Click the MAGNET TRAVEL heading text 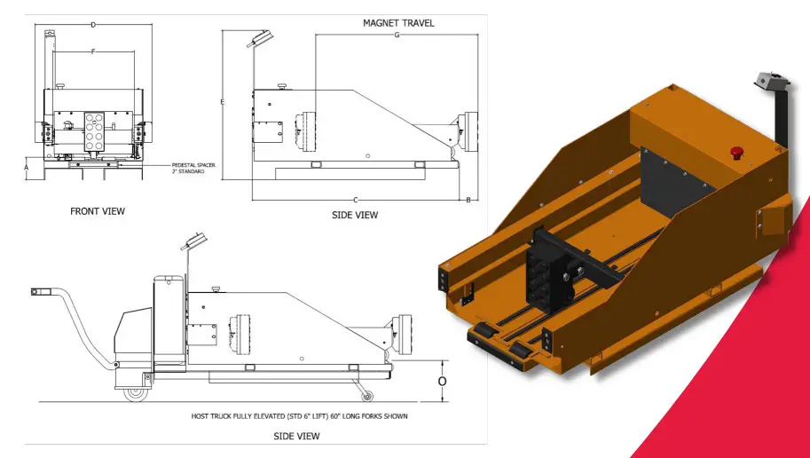[398, 22]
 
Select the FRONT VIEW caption [98, 211]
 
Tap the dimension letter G [397, 35]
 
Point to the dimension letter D [93, 24]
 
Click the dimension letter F [93, 52]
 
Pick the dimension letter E [222, 103]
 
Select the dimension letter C [356, 199]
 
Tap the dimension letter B [468, 199]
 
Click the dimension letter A [27, 167]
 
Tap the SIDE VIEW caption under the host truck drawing [296, 436]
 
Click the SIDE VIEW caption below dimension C [355, 215]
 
